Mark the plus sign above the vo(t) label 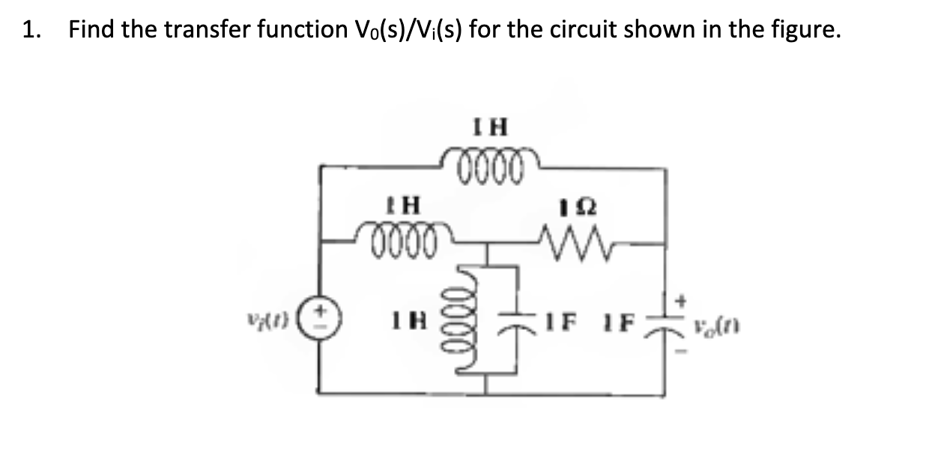click(681, 300)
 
